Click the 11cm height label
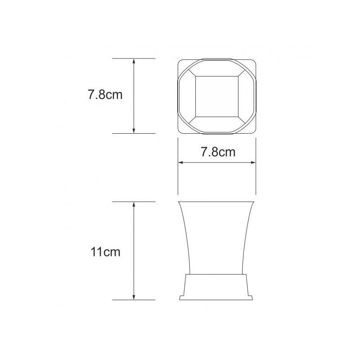105,252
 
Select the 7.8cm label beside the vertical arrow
105,94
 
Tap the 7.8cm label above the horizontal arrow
218,152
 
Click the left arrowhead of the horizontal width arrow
181,162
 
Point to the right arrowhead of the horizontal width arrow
253,162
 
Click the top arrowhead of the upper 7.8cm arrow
134,61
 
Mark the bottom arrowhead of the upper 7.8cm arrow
134,130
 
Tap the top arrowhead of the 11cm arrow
134,205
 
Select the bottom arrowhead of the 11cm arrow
134,297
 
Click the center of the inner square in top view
217,96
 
